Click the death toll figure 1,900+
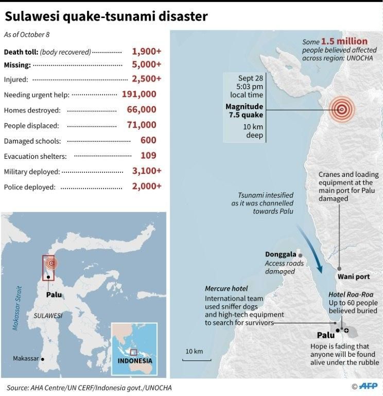coord(147,52)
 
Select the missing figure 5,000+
coord(147,65)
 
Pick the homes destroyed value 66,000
coord(142,110)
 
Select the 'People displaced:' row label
coord(31,125)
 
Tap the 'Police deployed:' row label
coord(29,187)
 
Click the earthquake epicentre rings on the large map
coord(341,109)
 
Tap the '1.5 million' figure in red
coord(344,41)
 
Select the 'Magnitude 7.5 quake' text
coord(244,110)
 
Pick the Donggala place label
coord(281,254)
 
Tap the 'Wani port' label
coord(354,277)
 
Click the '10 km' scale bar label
coord(194,351)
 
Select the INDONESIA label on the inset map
coord(135,361)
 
